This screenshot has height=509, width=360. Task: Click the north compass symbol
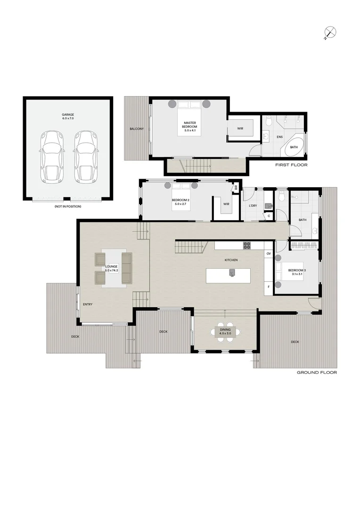331,32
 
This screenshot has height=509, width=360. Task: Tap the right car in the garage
84,156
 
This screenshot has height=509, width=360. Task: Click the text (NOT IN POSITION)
68,206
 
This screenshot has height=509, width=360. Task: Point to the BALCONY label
137,129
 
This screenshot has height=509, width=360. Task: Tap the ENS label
280,137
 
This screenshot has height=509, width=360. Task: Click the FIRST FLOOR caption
291,165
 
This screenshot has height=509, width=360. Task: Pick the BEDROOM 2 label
180,202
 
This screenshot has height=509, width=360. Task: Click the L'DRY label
253,206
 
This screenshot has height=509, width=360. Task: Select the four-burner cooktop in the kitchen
247,245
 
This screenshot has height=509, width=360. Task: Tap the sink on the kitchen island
232,272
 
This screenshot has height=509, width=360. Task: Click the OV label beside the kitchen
269,254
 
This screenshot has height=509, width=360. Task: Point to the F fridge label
269,286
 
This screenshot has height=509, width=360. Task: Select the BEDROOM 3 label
297,271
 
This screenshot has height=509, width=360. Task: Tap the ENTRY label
88,304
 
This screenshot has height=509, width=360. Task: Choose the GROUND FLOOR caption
317,372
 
